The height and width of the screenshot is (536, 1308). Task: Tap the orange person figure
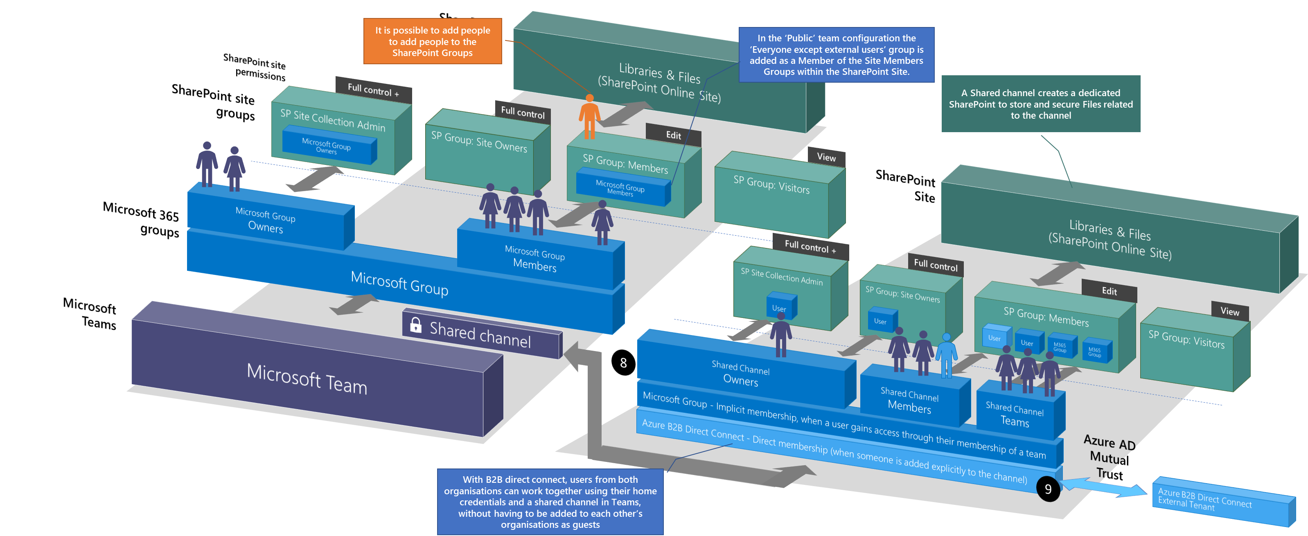click(589, 117)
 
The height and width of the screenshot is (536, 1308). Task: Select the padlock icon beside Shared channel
click(415, 325)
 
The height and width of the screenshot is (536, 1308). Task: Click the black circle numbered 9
click(1048, 489)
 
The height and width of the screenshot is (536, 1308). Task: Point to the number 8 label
click(623, 363)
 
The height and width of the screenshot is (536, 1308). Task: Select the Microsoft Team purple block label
click(307, 378)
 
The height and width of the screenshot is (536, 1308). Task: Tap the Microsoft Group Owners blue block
click(266, 220)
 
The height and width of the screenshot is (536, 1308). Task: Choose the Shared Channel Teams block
click(1015, 415)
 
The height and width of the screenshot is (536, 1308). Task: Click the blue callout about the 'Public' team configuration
click(836, 55)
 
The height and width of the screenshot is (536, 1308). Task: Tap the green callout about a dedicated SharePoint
click(1040, 104)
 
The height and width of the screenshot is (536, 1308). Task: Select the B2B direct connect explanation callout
click(550, 502)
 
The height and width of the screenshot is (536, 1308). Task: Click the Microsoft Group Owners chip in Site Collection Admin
click(327, 146)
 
